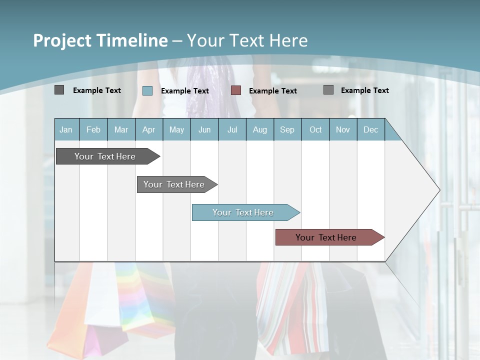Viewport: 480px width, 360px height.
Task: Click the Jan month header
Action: click(66, 129)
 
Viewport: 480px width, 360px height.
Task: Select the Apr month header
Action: click(148, 129)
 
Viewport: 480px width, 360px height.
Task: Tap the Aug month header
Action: click(259, 129)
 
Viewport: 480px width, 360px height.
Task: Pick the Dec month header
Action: click(370, 129)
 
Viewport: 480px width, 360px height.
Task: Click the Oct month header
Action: click(315, 129)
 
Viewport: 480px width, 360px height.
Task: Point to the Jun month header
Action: click(204, 129)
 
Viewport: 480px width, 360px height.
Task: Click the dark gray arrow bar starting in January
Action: click(105, 156)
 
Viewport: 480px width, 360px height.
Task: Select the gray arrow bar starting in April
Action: click(174, 184)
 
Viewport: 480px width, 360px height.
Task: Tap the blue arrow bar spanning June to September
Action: click(243, 212)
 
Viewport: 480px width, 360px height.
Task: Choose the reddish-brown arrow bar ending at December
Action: click(326, 237)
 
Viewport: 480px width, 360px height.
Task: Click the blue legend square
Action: click(147, 90)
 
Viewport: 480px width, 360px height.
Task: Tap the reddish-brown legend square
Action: click(236, 90)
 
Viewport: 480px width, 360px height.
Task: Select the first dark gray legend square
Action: click(59, 90)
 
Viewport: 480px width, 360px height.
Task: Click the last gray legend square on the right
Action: click(328, 89)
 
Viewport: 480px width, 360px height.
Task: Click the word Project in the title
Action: click(62, 40)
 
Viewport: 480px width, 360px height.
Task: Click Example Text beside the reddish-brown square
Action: click(272, 91)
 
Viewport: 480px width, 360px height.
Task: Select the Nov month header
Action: click(342, 129)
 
